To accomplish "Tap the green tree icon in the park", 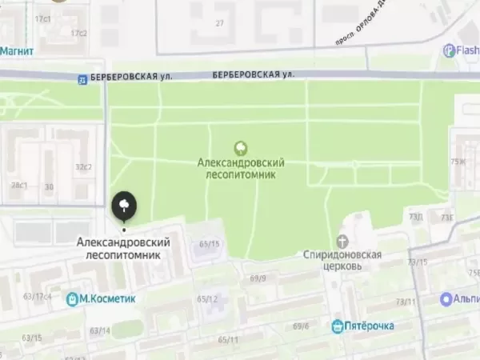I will coord(240,148).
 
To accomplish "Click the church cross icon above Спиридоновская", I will coord(342,242).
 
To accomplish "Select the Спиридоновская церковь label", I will coord(342,261).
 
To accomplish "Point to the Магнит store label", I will coord(17,51).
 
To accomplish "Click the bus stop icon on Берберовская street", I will coord(82,79).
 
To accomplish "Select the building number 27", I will coord(219,22).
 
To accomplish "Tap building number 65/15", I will coord(209,243).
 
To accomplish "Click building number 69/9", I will coord(258,278).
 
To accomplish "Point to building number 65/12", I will coord(207,298).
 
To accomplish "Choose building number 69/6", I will coord(301,326).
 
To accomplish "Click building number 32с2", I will coord(83,167).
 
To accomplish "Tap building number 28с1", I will coord(19,185).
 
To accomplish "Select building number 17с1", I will coord(43,18).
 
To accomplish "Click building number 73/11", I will coord(406,302).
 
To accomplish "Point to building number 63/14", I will coord(100,330).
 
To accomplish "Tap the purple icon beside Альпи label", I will coord(446,299).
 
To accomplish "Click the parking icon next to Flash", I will coord(450,51).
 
